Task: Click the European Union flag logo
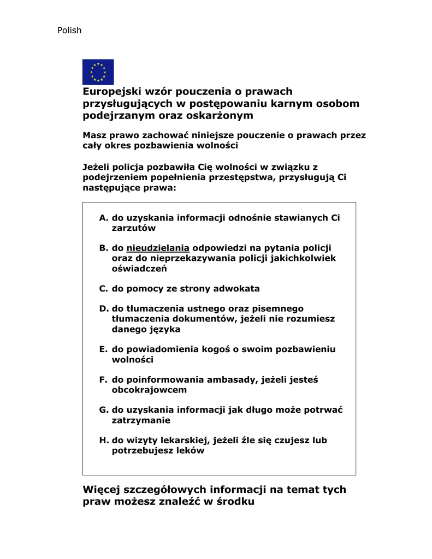(x=98, y=72)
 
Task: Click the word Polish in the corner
(x=69, y=31)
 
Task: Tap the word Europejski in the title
(x=110, y=92)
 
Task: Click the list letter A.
(x=103, y=218)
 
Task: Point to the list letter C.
(x=103, y=289)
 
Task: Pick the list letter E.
(x=103, y=349)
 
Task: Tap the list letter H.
(x=103, y=440)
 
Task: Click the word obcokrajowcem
(x=149, y=390)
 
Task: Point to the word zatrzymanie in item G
(x=141, y=420)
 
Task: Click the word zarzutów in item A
(x=134, y=228)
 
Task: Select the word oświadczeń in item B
(x=139, y=269)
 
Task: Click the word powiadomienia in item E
(x=163, y=349)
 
